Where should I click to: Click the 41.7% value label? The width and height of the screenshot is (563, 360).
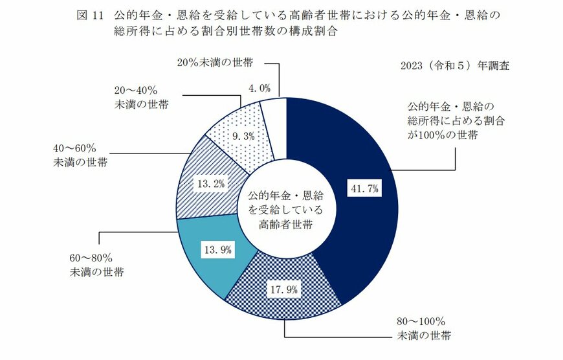(x=364, y=189)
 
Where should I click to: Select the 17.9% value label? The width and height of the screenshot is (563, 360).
(x=283, y=289)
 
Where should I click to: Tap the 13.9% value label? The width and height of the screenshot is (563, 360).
(x=218, y=249)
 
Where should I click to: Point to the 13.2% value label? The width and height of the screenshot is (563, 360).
(x=211, y=184)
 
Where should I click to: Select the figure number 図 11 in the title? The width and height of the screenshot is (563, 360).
(x=91, y=14)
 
